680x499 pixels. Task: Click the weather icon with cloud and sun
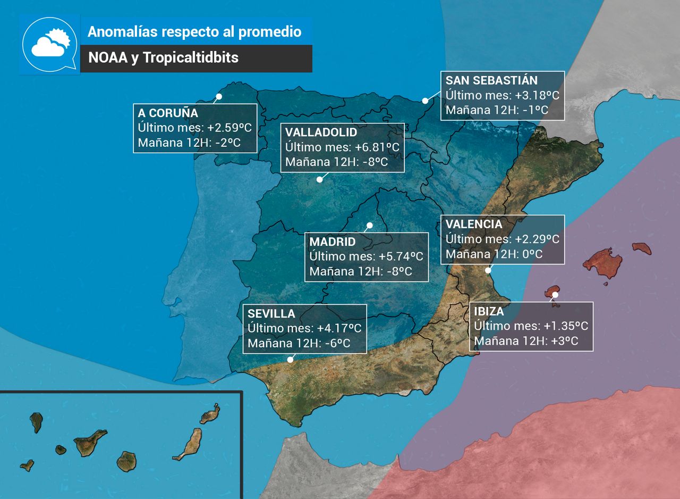(50, 45)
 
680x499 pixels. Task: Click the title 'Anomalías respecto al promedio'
(194, 31)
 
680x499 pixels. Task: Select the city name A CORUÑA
(168, 113)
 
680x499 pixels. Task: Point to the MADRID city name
(333, 242)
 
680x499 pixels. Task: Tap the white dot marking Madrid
(370, 226)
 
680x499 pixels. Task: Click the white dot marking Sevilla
(290, 360)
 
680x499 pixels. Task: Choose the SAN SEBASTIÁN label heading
(491, 80)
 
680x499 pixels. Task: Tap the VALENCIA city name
(474, 224)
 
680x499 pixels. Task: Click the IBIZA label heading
(489, 311)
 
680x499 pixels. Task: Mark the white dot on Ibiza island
(556, 295)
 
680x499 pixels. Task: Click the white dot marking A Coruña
(218, 97)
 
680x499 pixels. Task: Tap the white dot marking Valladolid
(319, 179)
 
